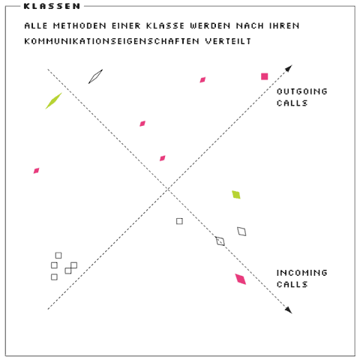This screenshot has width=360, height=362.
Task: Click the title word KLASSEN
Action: tap(52, 6)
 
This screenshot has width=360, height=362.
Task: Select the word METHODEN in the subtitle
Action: tap(79, 25)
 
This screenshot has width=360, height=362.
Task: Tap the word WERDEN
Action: tap(210, 25)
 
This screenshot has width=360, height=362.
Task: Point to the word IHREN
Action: tap(284, 25)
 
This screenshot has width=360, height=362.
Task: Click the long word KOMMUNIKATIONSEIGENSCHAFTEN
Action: tap(112, 41)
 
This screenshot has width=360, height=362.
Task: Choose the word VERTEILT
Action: tap(228, 41)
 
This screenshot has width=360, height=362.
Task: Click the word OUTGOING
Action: tap(302, 91)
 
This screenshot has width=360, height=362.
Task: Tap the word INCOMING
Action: tap(302, 273)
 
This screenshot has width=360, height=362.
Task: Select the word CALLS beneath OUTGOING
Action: tap(292, 103)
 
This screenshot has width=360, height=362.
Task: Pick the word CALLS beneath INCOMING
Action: tap(292, 284)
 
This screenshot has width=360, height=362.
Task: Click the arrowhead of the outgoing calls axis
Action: tap(289, 68)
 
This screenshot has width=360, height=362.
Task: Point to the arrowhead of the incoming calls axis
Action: tap(289, 310)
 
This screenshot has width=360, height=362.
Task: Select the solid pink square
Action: tap(264, 76)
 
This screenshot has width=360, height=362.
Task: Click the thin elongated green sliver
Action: tap(53, 101)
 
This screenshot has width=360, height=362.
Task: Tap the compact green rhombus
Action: tap(236, 195)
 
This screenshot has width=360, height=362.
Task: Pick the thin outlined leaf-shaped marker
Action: tap(95, 76)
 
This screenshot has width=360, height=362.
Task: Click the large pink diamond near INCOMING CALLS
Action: tap(241, 279)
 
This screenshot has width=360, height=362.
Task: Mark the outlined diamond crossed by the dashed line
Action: tap(220, 241)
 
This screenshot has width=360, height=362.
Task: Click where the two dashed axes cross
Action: tap(168, 189)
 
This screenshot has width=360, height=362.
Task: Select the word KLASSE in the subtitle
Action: tap(165, 25)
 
